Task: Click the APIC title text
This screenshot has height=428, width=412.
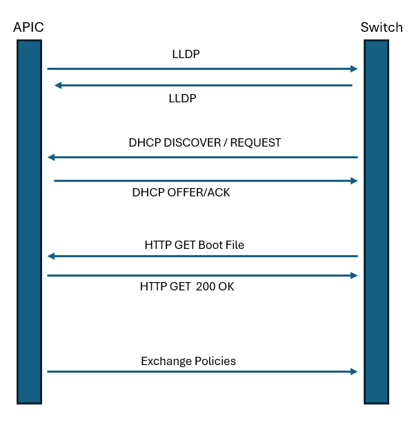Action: click(x=28, y=27)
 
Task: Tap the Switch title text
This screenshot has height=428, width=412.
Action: click(x=382, y=27)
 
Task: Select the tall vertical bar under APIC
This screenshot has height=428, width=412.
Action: click(x=29, y=222)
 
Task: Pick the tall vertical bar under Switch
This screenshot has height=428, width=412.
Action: click(x=376, y=222)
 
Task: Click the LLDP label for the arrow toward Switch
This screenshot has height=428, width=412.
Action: click(x=186, y=54)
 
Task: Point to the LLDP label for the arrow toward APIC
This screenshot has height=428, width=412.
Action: click(x=182, y=98)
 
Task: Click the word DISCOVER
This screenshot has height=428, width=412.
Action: click(x=192, y=142)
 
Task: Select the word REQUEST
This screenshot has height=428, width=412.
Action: click(x=255, y=142)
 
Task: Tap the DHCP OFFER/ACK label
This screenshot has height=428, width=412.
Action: click(x=181, y=192)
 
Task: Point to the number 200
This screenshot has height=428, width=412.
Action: click(x=205, y=287)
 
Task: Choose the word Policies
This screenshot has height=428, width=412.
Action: click(x=215, y=361)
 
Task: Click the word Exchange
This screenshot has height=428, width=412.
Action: click(x=166, y=361)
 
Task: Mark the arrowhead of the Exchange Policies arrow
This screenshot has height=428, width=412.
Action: click(x=354, y=371)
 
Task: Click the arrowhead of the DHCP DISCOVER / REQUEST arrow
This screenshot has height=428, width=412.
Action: click(x=51, y=157)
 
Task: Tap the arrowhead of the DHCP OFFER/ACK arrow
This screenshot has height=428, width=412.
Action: click(x=354, y=180)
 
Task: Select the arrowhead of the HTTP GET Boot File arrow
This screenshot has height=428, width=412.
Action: click(x=51, y=256)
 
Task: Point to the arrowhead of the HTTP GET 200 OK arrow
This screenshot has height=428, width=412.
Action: click(x=354, y=275)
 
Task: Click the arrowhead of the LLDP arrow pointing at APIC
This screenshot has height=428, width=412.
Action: click(x=58, y=86)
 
